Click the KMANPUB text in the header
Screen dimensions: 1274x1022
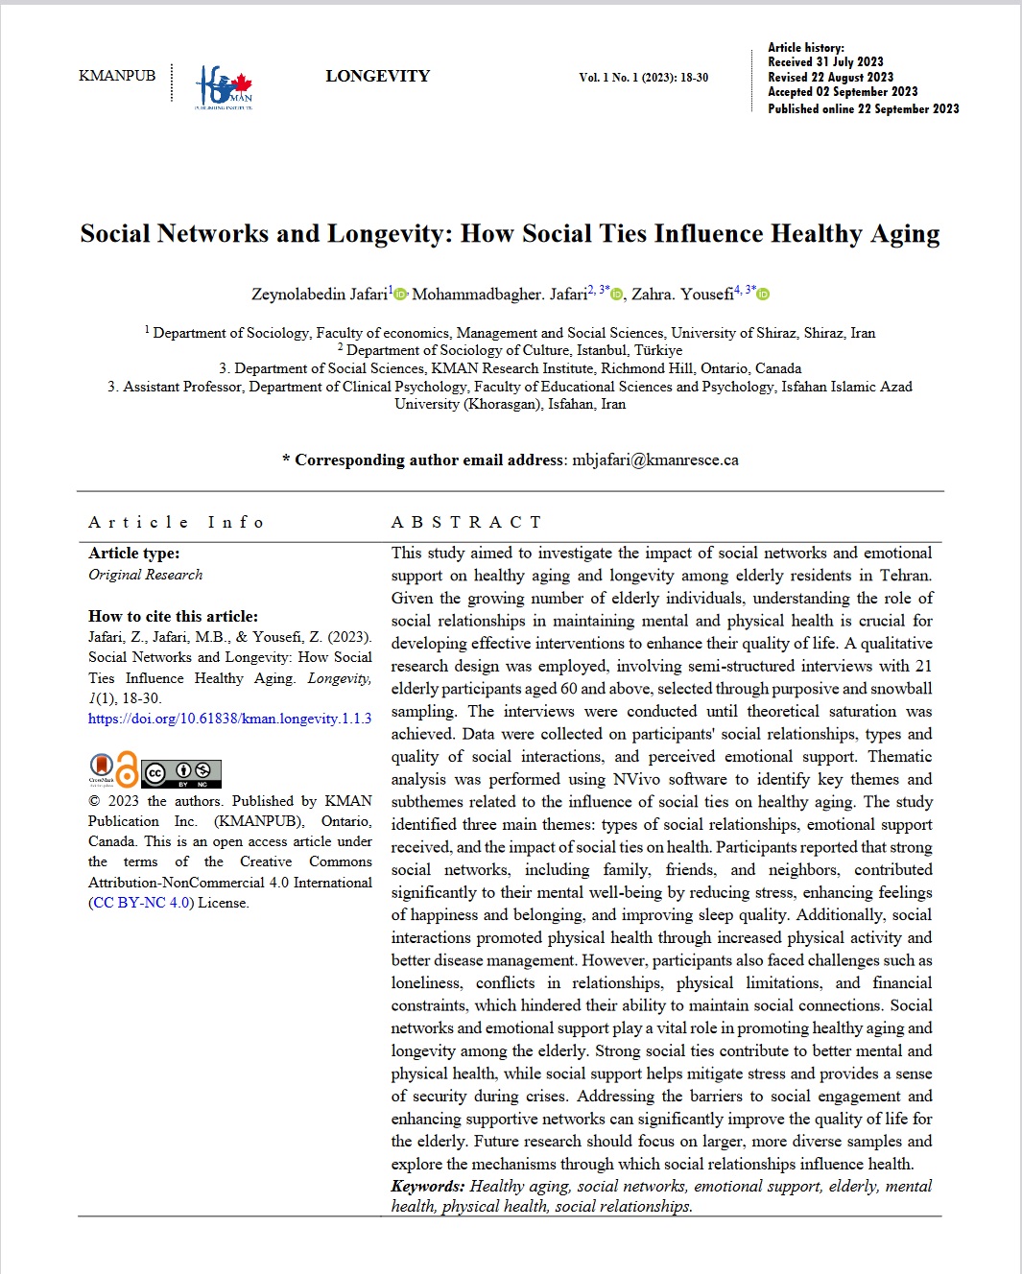tap(117, 76)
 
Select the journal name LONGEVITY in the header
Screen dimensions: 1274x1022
tap(377, 77)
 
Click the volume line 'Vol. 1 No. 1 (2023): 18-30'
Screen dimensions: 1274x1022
tap(643, 78)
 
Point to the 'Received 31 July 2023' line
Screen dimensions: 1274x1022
tap(825, 62)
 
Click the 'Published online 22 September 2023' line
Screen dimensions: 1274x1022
tap(863, 109)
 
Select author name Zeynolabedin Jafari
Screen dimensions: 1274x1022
tap(320, 295)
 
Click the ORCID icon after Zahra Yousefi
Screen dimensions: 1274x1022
tap(764, 295)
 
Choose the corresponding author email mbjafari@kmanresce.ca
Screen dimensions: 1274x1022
tap(655, 460)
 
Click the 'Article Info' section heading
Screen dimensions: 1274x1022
tap(176, 522)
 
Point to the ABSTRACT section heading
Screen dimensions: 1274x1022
tap(466, 522)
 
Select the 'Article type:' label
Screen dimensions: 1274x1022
tap(134, 554)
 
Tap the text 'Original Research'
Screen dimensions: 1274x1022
tap(146, 575)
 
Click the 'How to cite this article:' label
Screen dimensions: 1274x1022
tap(173, 617)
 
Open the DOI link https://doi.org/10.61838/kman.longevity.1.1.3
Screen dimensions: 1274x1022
tap(229, 719)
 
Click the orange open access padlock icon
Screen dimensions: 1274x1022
tap(127, 769)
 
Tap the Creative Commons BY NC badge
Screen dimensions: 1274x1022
tap(181, 773)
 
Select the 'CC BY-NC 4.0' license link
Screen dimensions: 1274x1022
tap(141, 903)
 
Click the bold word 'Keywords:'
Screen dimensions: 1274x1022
tap(427, 1187)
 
